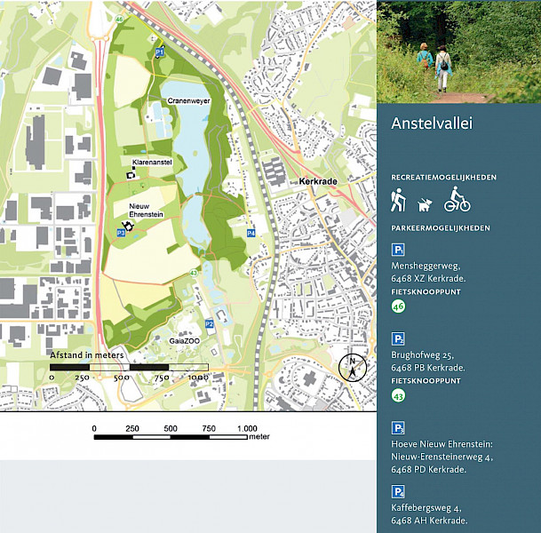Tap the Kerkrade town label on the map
[320, 180]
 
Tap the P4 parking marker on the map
[251, 233]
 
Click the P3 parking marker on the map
[120, 232]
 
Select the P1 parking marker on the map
[160, 53]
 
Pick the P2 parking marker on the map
[210, 323]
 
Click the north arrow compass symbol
[354, 366]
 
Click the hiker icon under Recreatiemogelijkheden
[398, 201]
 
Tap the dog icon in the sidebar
[425, 204]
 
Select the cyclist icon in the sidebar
[457, 200]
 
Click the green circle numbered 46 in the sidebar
[398, 306]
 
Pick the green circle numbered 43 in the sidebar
[398, 396]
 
